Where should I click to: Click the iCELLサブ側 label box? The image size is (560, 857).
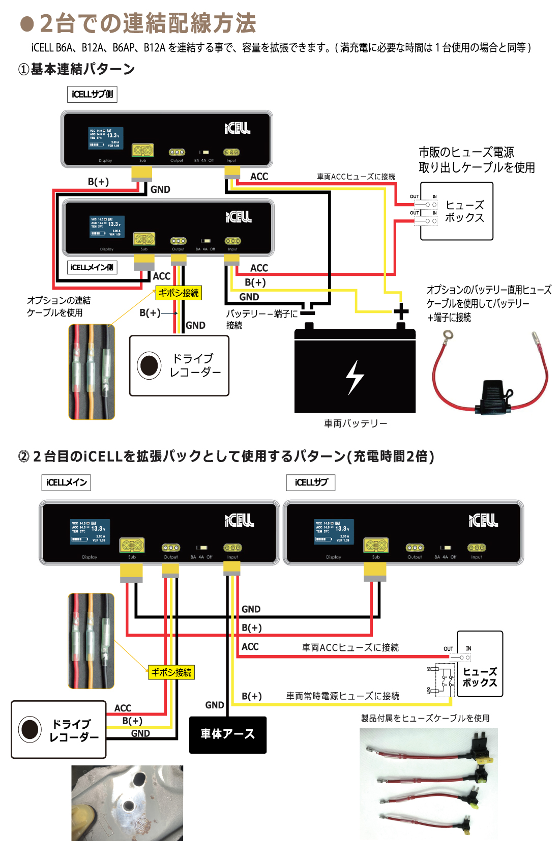(x=92, y=94)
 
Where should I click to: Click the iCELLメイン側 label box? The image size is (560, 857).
(x=92, y=267)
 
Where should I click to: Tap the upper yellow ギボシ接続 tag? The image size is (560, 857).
(x=179, y=293)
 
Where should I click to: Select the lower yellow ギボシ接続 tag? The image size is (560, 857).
(x=171, y=672)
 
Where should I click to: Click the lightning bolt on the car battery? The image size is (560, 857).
(x=355, y=377)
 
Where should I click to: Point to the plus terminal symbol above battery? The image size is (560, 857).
(x=401, y=311)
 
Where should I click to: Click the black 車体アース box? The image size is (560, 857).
(x=227, y=734)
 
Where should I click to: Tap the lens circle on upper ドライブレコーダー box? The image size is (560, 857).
(x=150, y=365)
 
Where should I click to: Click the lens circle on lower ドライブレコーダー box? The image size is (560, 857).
(x=30, y=729)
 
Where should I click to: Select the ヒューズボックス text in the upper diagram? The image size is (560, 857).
(x=464, y=211)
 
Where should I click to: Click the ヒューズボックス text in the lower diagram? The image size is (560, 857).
(x=480, y=677)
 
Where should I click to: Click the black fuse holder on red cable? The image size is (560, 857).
(x=493, y=396)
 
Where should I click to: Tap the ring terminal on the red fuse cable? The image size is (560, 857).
(x=448, y=335)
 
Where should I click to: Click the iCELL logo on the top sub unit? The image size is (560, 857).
(x=238, y=128)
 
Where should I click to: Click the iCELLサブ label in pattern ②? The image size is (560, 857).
(x=311, y=482)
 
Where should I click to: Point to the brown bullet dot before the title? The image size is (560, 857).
(x=26, y=23)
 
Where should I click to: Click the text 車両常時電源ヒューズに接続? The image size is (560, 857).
(x=342, y=696)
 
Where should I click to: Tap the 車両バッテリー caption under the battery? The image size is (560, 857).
(x=355, y=423)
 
